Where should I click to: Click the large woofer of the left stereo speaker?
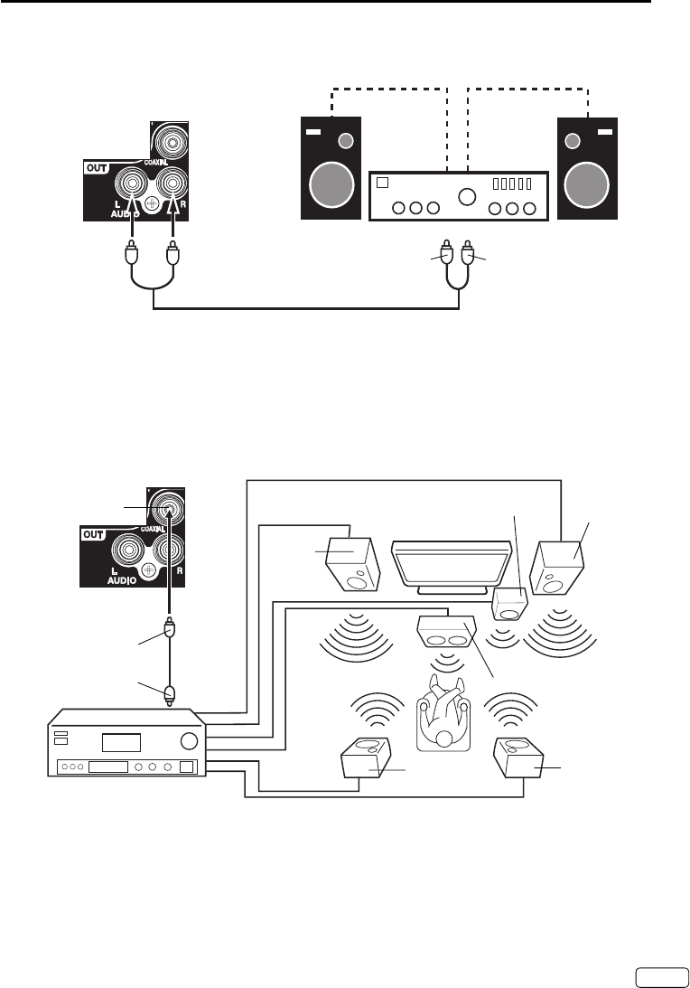(x=331, y=186)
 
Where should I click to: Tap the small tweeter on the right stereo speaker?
(x=571, y=140)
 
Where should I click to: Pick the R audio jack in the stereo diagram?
(x=172, y=184)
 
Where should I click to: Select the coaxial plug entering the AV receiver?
(x=171, y=694)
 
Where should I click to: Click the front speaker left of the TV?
(x=352, y=562)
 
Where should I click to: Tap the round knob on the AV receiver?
(x=189, y=741)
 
